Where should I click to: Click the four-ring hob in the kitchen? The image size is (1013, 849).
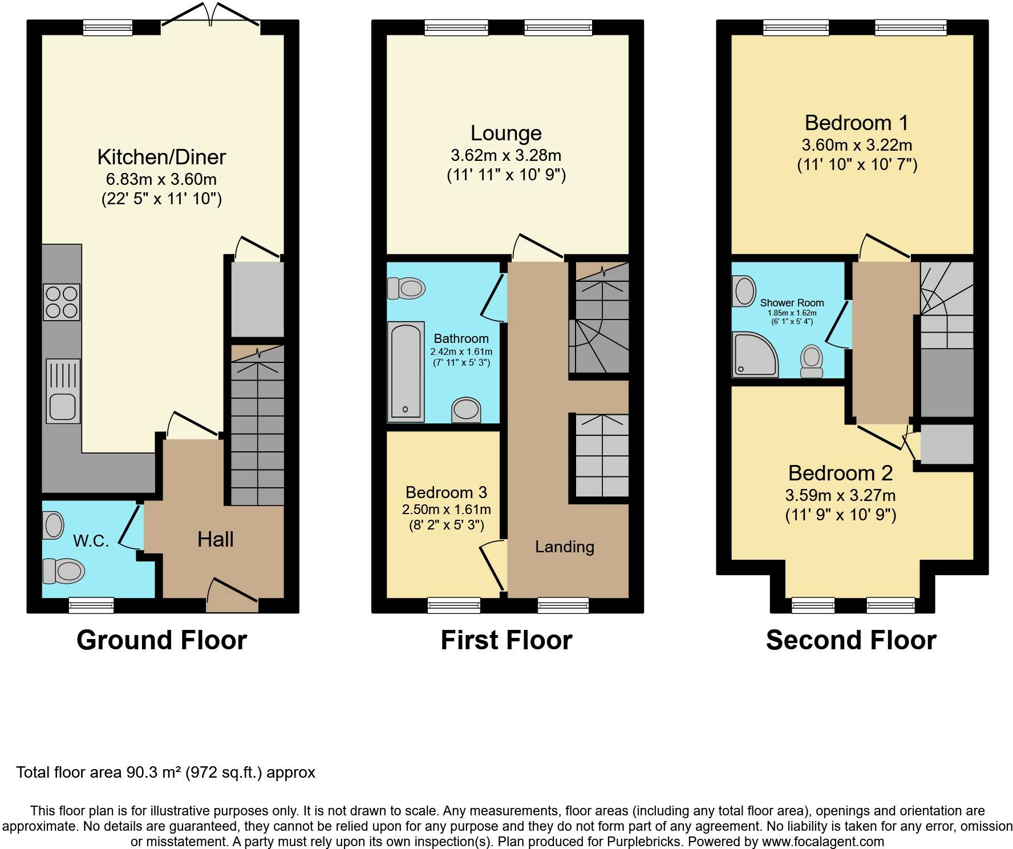pyautogui.click(x=61, y=302)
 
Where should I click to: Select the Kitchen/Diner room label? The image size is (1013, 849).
pyautogui.click(x=161, y=157)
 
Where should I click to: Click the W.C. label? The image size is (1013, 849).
pyautogui.click(x=91, y=541)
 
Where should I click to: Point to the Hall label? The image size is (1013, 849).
pyautogui.click(x=215, y=539)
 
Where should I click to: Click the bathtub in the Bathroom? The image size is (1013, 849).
pyautogui.click(x=406, y=371)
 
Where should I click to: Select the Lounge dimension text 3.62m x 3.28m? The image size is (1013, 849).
pyautogui.click(x=506, y=155)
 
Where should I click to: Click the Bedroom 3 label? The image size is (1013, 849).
pyautogui.click(x=447, y=492)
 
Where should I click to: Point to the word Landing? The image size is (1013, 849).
pyautogui.click(x=564, y=547)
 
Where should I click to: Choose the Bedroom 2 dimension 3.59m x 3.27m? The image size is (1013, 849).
pyautogui.click(x=840, y=495)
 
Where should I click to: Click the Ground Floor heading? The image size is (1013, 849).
pyautogui.click(x=161, y=640)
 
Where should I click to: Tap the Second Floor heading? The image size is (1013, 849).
pyautogui.click(x=850, y=640)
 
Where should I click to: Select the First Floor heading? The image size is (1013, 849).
pyautogui.click(x=506, y=640)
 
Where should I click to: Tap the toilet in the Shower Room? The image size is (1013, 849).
pyautogui.click(x=811, y=362)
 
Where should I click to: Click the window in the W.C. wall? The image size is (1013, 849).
pyautogui.click(x=91, y=605)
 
